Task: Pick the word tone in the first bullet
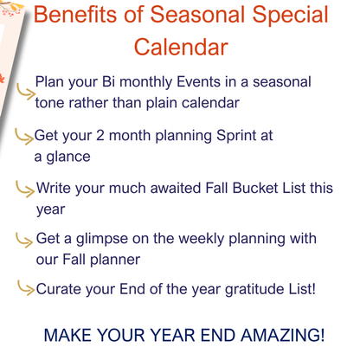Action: (52, 103)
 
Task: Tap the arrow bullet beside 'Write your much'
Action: (26, 187)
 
